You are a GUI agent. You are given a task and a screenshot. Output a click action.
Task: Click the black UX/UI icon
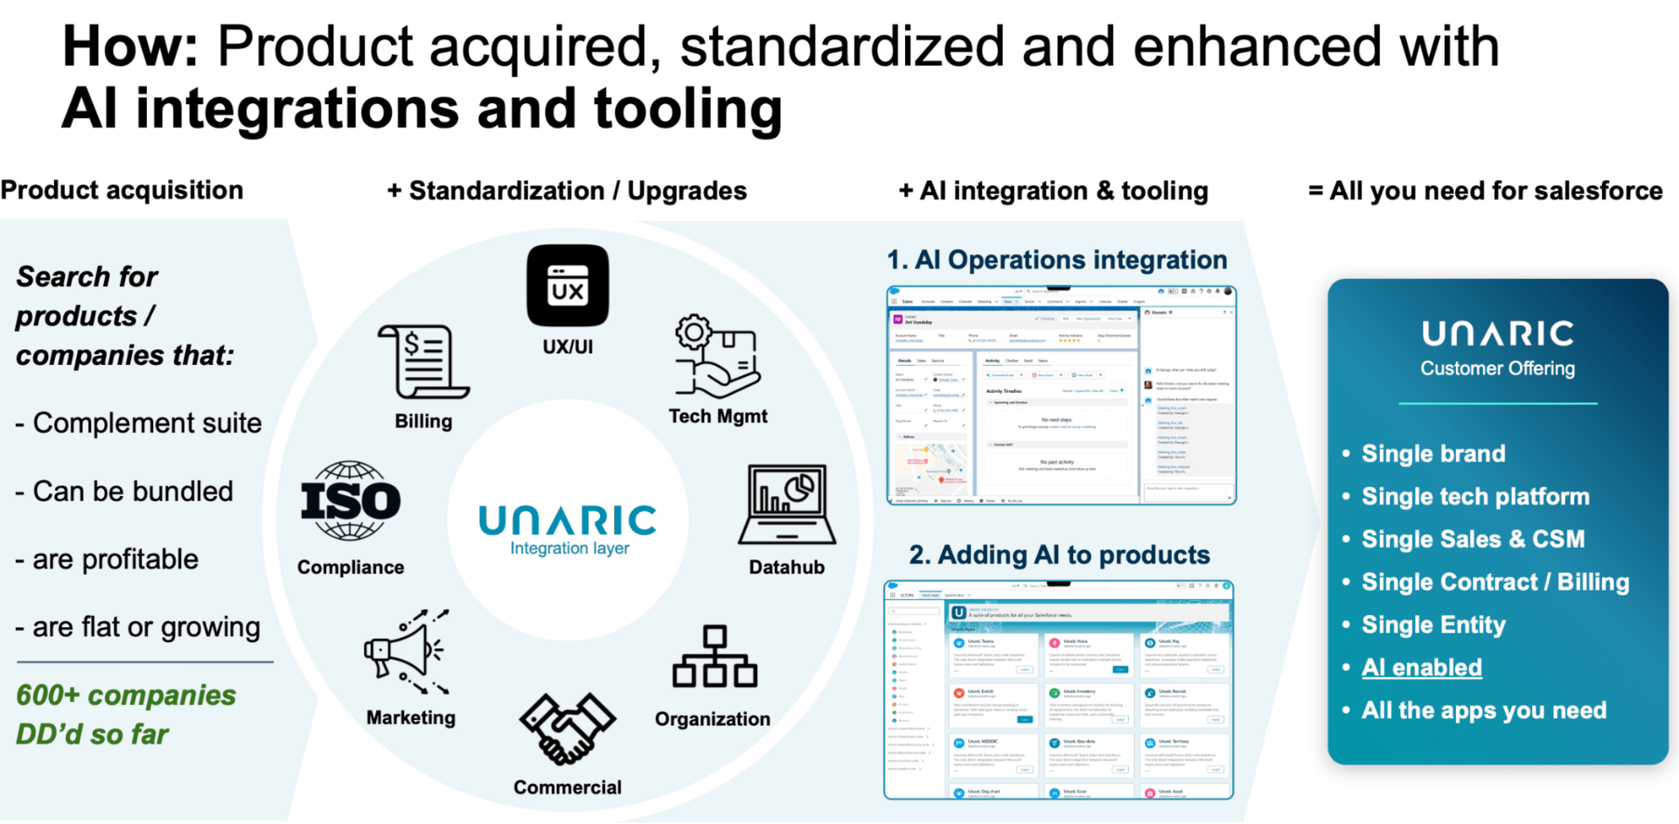568,286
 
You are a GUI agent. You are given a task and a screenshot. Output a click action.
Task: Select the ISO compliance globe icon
351,501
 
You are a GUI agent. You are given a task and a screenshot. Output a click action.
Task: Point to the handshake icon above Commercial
568,729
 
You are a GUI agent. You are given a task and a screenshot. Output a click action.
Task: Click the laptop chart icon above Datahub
787,506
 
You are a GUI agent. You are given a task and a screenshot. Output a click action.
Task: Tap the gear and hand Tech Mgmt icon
716,356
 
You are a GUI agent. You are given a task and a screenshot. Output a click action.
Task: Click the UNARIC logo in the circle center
568,520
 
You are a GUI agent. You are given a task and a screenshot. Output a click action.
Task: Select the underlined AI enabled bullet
1421,667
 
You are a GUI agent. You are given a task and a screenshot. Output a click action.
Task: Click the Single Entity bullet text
1433,625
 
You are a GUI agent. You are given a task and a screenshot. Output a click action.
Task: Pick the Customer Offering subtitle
1497,368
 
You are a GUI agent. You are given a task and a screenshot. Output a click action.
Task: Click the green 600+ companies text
126,695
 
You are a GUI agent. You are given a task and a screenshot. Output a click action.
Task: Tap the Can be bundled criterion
132,492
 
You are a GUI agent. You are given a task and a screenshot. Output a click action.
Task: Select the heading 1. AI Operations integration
1056,260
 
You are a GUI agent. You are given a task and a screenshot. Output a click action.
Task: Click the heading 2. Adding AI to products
1059,555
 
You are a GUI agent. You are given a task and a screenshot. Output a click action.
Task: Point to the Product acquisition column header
122,190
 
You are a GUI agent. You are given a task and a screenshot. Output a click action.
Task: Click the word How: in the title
130,46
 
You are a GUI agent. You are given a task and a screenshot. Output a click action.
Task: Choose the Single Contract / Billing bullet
1494,582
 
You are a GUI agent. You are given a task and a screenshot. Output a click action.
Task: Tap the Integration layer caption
569,548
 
